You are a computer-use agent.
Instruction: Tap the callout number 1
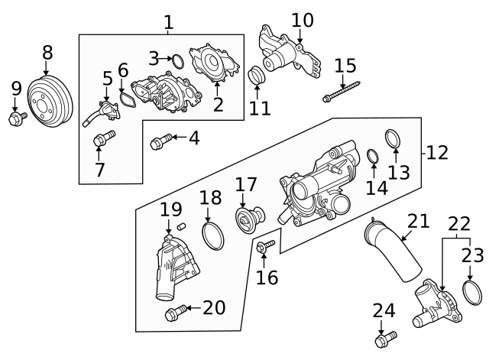pyautogui.click(x=168, y=22)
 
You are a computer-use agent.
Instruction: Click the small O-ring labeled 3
pyautogui.click(x=175, y=60)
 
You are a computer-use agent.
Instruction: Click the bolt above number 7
pyautogui.click(x=102, y=138)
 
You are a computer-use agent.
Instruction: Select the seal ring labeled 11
pyautogui.click(x=257, y=76)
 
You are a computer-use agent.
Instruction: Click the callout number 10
pyautogui.click(x=303, y=20)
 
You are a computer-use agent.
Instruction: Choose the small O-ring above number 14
pyautogui.click(x=373, y=157)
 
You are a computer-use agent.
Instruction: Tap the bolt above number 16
pyautogui.click(x=265, y=247)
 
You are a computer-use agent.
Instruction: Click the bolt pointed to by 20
pyautogui.click(x=174, y=312)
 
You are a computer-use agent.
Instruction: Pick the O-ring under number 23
pyautogui.click(x=471, y=294)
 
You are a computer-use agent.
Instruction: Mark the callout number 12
pyautogui.click(x=436, y=152)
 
